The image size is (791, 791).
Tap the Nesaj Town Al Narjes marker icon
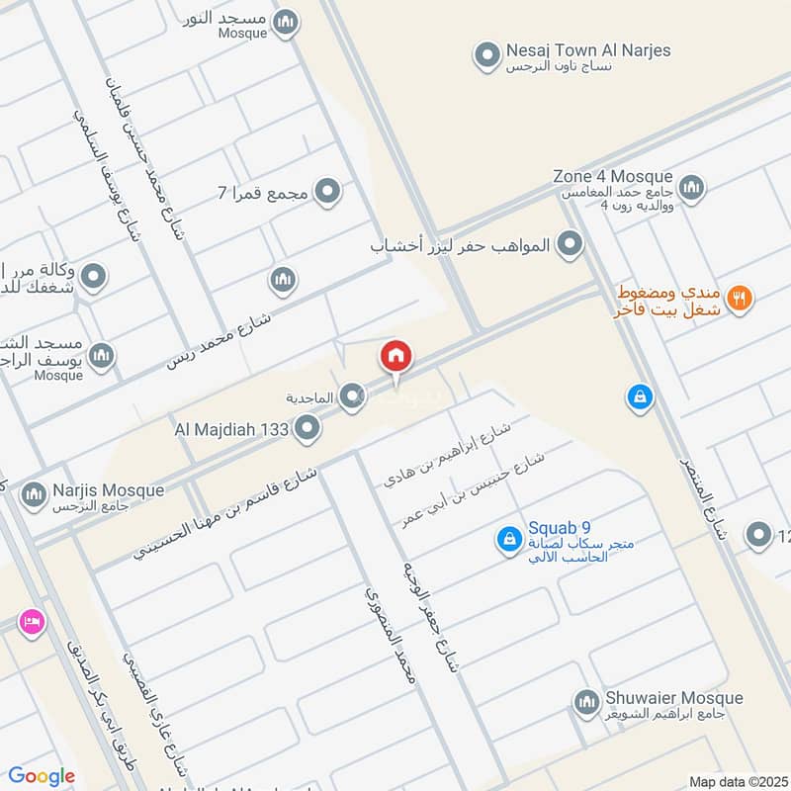pos(485,57)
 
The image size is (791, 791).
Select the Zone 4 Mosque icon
pos(691,186)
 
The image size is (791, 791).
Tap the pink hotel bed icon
pos(32,622)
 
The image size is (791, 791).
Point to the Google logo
pos(42,776)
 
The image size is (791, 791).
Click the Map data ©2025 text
pos(738,781)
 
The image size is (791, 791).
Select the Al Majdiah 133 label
pos(231,429)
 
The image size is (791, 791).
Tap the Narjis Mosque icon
pos(33,492)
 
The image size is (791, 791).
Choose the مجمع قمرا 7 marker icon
pos(327,191)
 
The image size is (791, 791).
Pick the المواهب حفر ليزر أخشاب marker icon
pos(570,242)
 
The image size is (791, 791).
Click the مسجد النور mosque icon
pos(286,22)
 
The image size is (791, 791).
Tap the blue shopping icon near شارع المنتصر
pos(640,398)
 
